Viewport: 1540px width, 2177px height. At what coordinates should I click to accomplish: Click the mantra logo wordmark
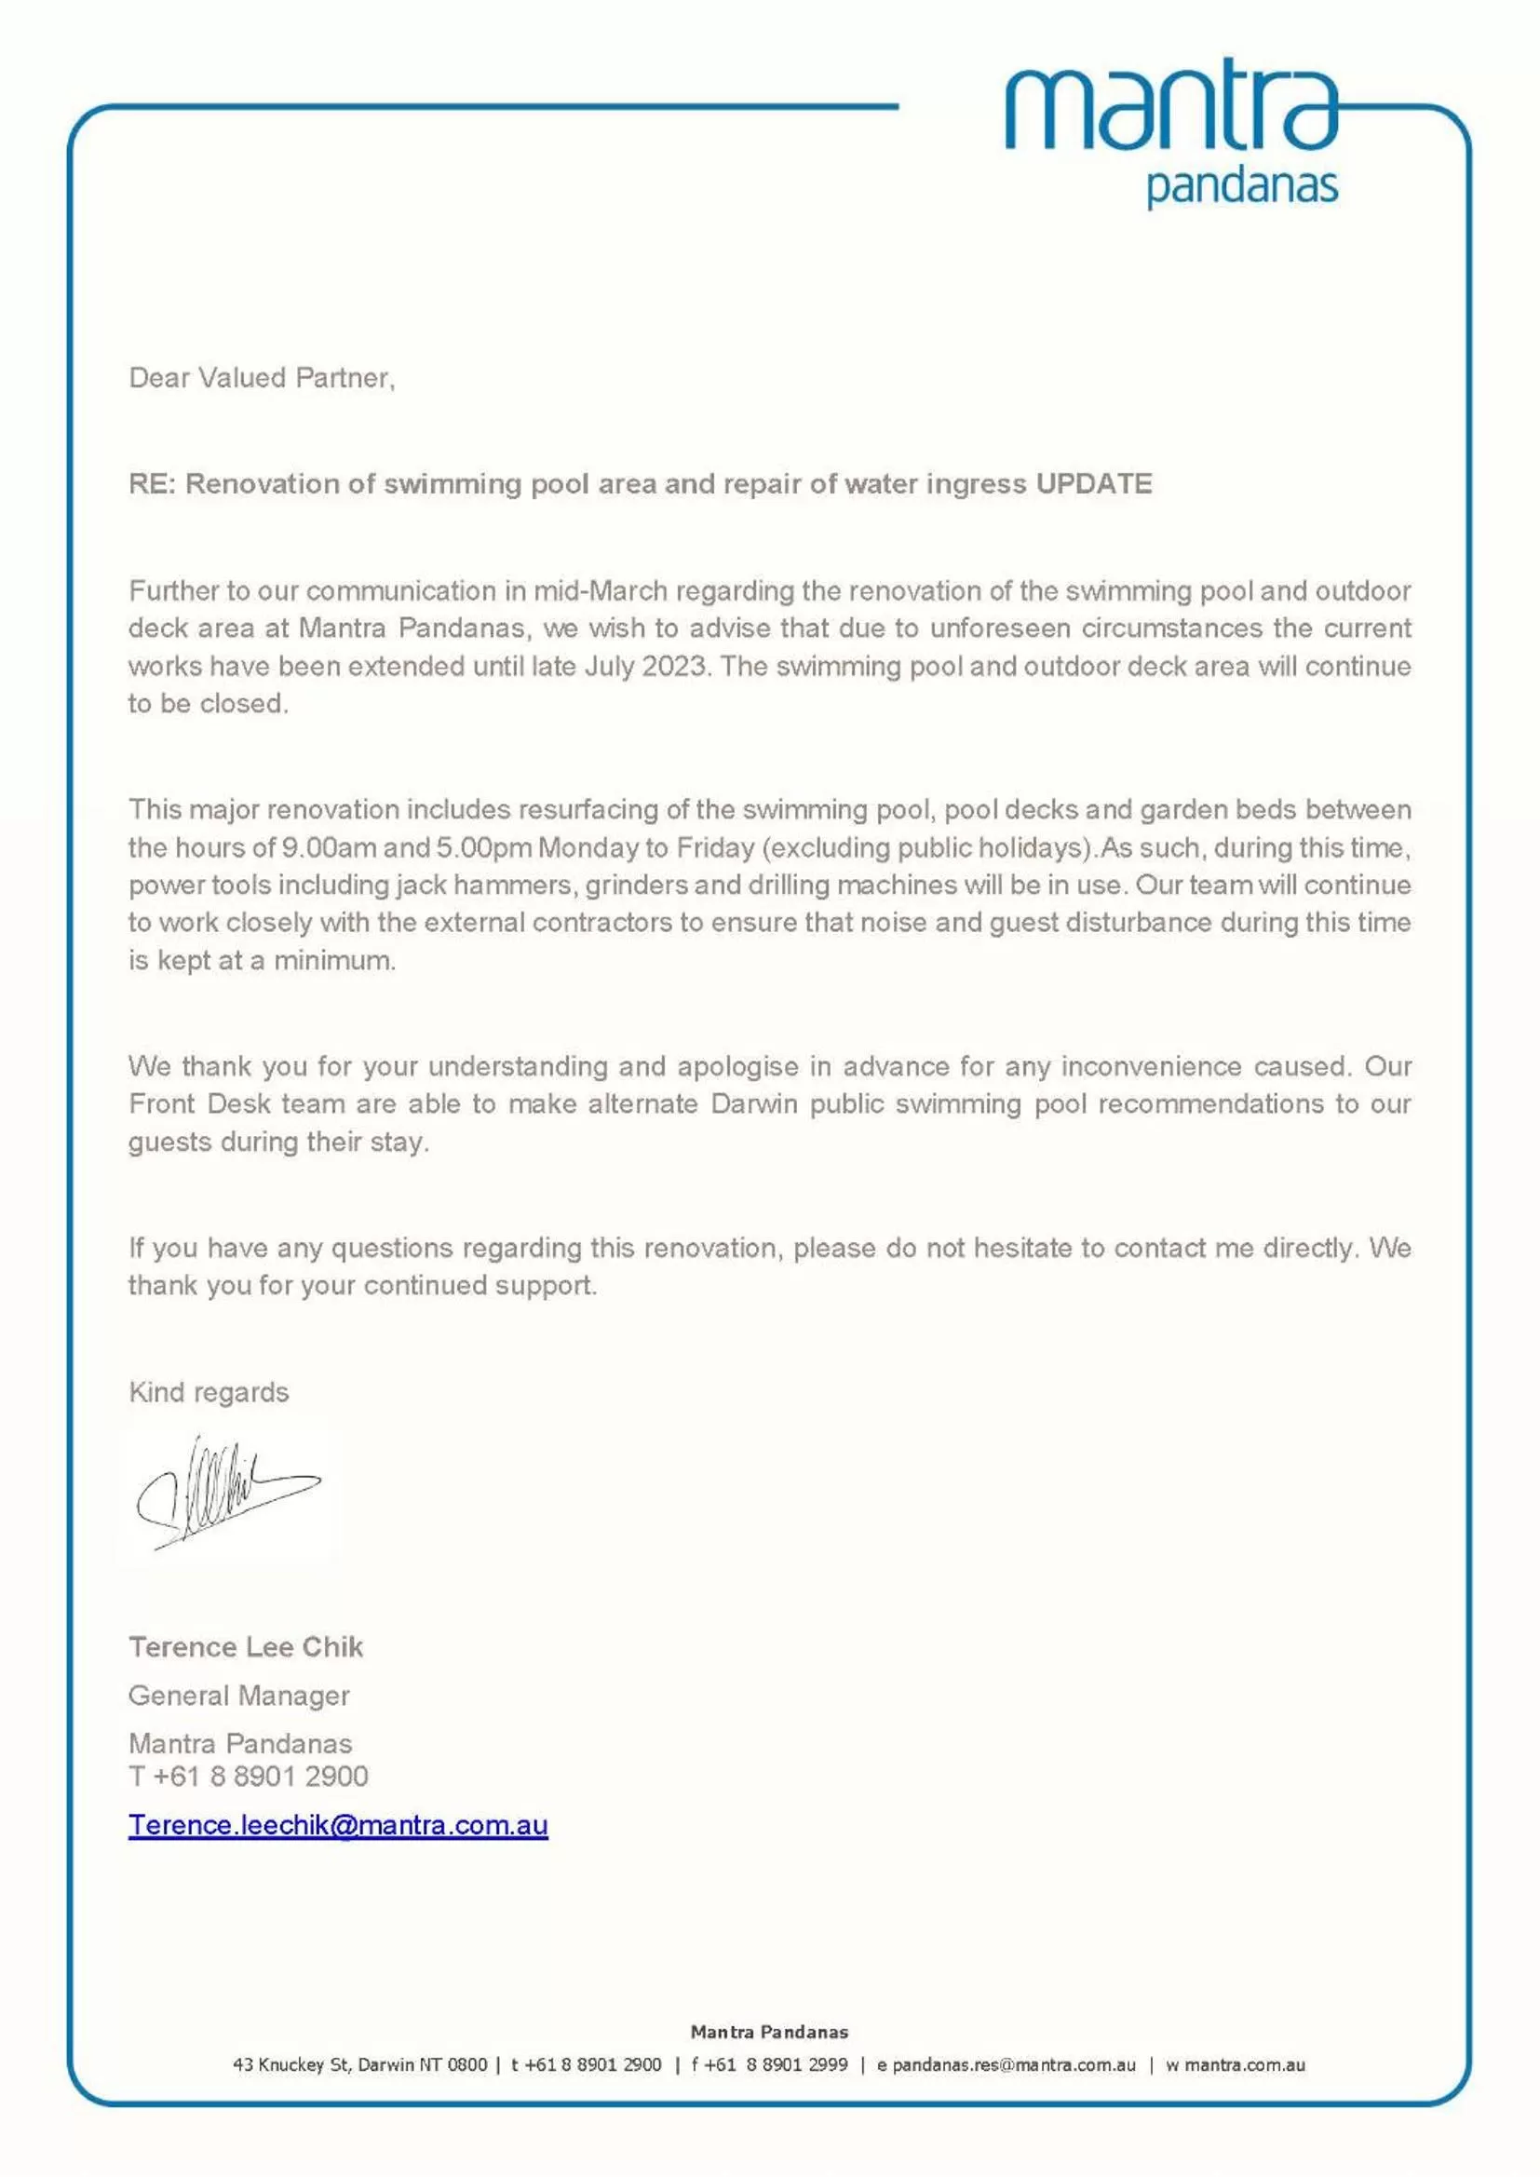(x=1170, y=106)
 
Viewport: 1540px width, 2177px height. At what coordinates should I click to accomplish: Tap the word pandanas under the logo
(x=1241, y=187)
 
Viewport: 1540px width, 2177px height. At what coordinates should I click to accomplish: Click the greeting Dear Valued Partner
(x=262, y=378)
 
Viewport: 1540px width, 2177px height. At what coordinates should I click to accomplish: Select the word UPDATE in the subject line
(x=1093, y=483)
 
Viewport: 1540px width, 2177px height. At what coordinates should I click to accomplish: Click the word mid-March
(x=601, y=590)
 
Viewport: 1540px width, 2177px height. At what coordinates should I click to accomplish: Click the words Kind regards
(x=209, y=1392)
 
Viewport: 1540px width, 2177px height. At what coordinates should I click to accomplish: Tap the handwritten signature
(x=227, y=1494)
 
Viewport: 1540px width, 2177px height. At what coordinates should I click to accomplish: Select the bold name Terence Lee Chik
(x=246, y=1647)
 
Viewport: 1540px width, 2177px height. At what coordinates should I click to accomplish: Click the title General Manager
(x=239, y=1696)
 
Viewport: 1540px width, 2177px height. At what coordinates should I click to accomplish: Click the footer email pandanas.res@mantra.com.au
(x=1013, y=2064)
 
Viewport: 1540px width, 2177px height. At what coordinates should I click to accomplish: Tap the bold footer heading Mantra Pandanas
(x=769, y=2031)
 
